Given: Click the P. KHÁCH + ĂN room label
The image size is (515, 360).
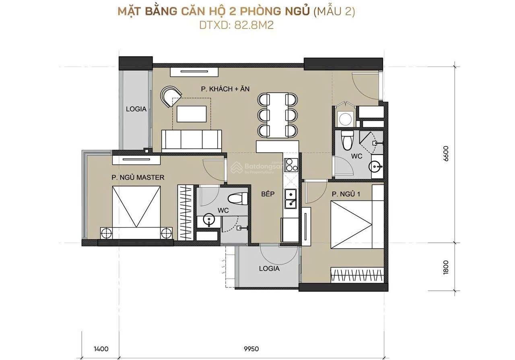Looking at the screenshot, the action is (x=225, y=89).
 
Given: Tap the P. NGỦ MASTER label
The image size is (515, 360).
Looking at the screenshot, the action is (x=138, y=177).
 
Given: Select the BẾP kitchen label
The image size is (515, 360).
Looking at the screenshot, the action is (x=268, y=194).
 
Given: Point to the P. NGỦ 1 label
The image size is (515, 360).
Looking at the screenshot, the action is (x=346, y=194).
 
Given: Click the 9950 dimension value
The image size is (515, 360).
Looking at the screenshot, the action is (x=251, y=349).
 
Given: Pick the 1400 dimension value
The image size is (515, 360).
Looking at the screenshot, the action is (x=101, y=349).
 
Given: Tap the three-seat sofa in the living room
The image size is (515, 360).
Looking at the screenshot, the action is (x=192, y=141).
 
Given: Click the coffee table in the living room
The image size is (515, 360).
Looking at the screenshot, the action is (x=192, y=114).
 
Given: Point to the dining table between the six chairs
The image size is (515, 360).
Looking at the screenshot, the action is (x=278, y=115).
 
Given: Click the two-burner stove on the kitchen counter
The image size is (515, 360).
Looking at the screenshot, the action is (x=291, y=165).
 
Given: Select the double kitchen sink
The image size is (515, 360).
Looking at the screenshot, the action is (x=291, y=199).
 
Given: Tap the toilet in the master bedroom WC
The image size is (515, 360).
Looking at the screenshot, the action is (x=237, y=199).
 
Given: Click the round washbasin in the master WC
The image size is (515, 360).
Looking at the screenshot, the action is (x=209, y=219).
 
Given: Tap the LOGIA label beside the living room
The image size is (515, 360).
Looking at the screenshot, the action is (x=136, y=109).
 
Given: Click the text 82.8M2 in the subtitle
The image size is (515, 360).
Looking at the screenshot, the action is (x=254, y=25).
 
